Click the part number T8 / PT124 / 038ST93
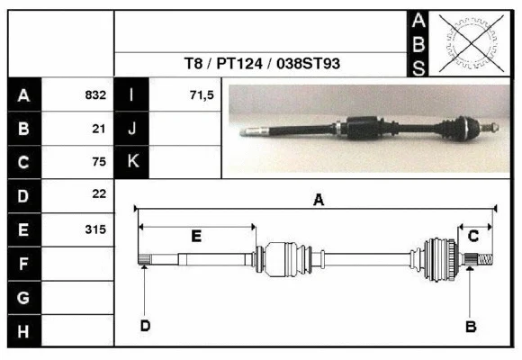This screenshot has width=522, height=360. [x=262, y=65]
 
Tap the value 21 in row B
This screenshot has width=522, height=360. [x=100, y=129]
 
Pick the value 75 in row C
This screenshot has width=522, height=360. [x=99, y=162]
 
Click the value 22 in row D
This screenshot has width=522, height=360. [x=99, y=194]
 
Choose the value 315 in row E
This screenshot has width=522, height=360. [x=95, y=229]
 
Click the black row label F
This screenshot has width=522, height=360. [x=23, y=264]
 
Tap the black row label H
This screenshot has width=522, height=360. [x=23, y=332]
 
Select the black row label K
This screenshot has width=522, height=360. [x=131, y=162]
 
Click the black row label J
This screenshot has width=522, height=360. [x=131, y=129]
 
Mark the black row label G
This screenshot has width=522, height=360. [x=23, y=298]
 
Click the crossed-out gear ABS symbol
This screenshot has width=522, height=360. [x=466, y=42]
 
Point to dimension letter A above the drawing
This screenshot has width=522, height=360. [x=318, y=201]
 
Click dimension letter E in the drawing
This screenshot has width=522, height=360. [x=196, y=236]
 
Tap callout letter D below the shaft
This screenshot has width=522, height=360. [x=144, y=325]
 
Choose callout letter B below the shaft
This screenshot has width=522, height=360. [x=470, y=326]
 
